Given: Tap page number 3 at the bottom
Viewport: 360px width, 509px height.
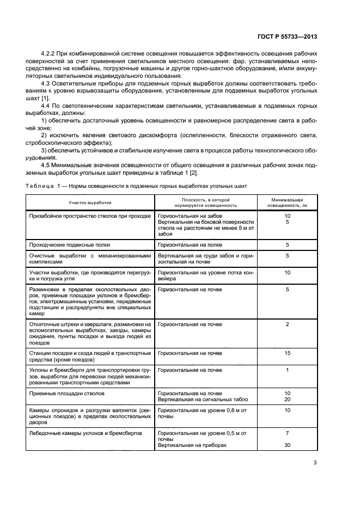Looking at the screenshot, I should coord(315,463).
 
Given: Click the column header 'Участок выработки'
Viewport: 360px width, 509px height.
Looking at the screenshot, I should coord(90,202).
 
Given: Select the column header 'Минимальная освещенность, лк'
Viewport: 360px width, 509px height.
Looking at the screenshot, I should coord(287,203).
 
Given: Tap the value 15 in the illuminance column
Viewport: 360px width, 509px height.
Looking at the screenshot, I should coord(287,353).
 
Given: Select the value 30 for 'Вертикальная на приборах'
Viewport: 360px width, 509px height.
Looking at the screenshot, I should coord(287,445).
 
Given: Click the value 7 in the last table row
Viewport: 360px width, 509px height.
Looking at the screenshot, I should coord(287,433).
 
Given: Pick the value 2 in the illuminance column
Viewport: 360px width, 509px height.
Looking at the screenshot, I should coord(287,324).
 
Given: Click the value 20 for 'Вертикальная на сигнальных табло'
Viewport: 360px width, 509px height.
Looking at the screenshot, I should coord(287,399).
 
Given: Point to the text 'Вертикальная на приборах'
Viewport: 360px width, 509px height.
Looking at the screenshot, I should coord(192,445).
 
